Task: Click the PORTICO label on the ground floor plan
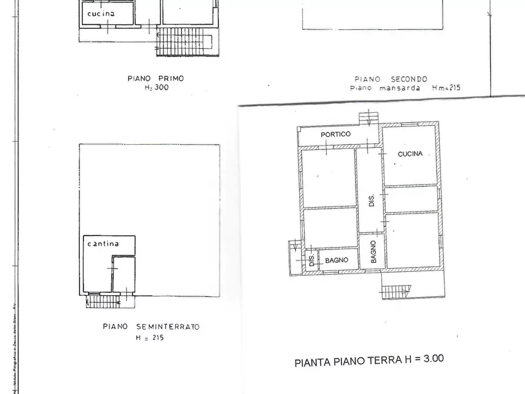(x=336, y=134)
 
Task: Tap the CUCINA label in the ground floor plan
(x=410, y=154)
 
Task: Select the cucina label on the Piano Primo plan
(x=101, y=13)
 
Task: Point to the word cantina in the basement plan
(x=103, y=243)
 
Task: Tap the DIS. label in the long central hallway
(x=372, y=201)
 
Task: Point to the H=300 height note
(x=156, y=88)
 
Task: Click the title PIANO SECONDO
(x=390, y=79)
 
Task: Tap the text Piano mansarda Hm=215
(x=405, y=88)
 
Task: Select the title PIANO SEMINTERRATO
(x=151, y=326)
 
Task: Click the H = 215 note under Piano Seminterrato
(x=150, y=338)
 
